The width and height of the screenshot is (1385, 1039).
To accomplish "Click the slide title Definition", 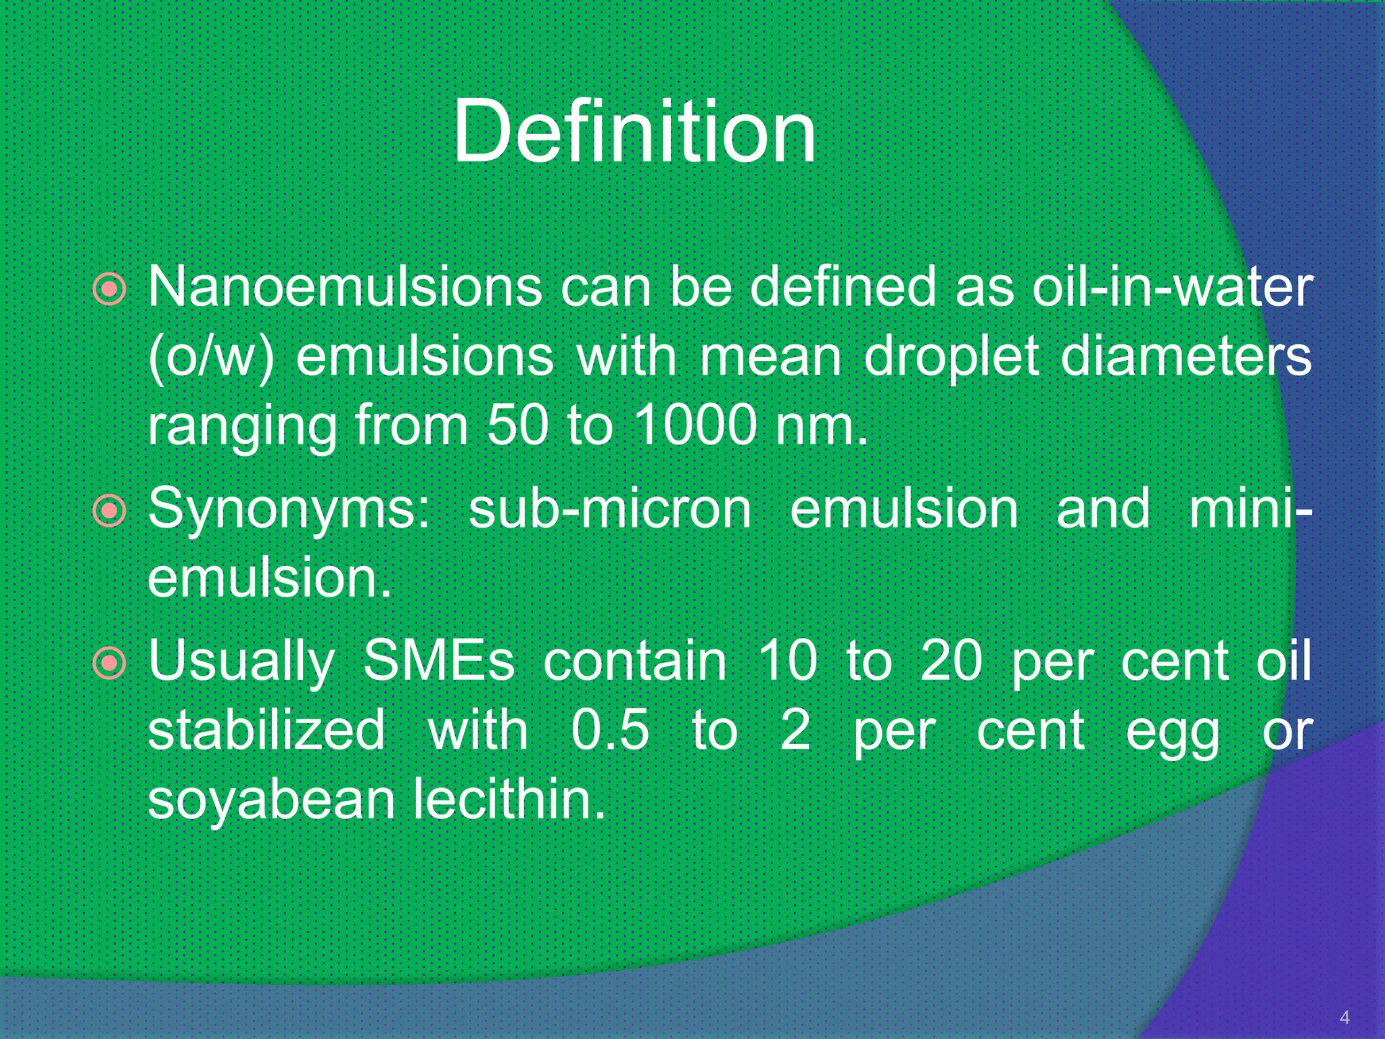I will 634,131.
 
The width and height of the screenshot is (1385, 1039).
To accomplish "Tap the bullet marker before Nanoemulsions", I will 110,290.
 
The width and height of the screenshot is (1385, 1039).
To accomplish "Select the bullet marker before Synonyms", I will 110,511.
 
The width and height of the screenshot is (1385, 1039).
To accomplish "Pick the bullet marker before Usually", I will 110,663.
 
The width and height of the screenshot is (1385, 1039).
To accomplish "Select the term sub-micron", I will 609,509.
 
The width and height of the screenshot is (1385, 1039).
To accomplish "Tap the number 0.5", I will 610,731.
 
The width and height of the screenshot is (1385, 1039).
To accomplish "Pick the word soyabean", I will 271,801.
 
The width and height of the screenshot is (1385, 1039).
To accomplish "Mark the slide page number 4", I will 1344,1017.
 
